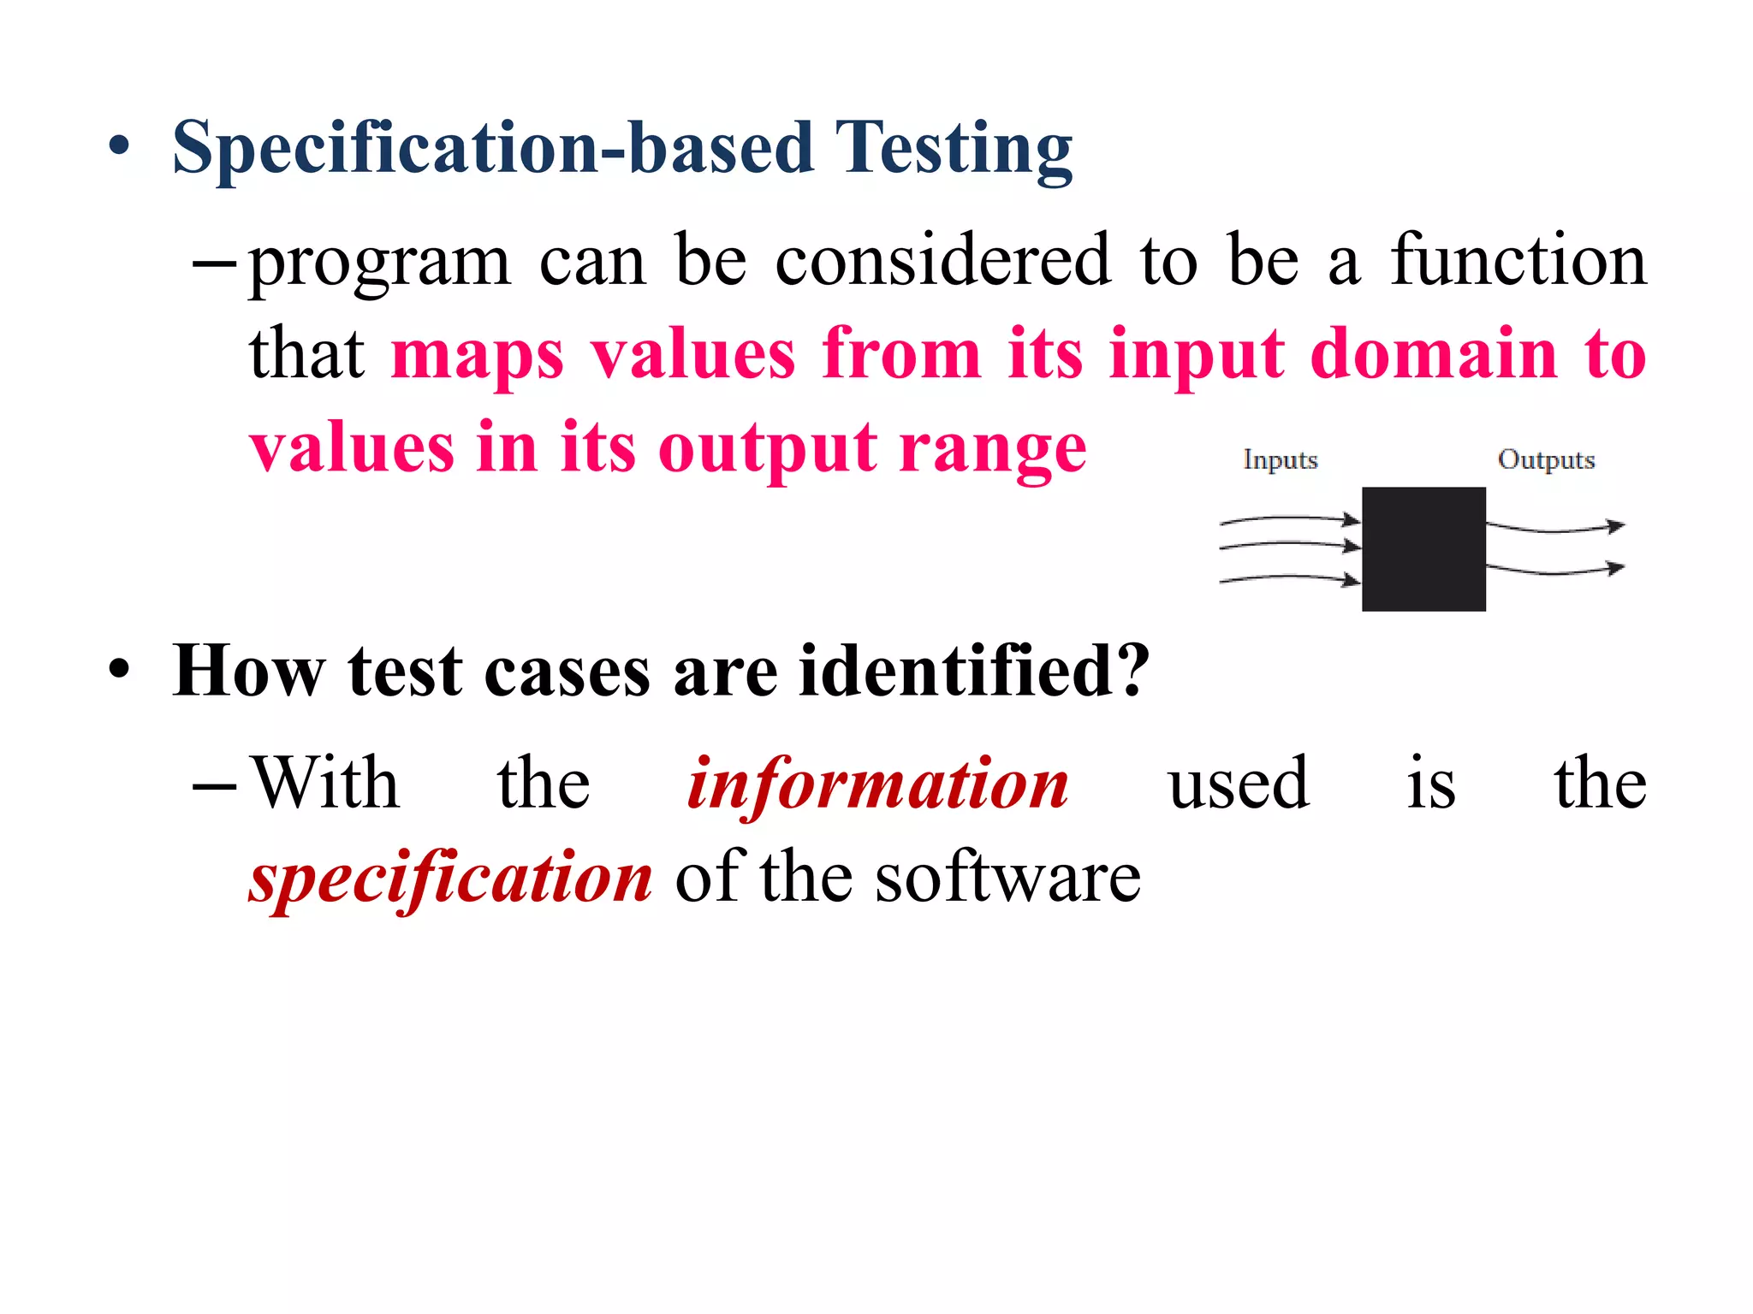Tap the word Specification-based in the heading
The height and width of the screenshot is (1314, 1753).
coord(493,149)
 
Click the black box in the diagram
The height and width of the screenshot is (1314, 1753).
coord(1423,548)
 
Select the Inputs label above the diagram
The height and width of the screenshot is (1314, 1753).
coord(1280,459)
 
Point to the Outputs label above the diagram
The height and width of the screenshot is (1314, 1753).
coord(1546,459)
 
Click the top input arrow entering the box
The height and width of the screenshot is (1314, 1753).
coord(1288,518)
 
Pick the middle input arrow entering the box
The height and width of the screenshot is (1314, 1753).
coord(1288,544)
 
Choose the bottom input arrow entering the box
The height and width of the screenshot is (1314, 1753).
coord(1288,579)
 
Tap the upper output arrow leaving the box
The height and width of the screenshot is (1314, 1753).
coord(1554,528)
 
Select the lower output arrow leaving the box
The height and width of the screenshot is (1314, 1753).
coord(1554,569)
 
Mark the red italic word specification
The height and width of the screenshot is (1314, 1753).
coord(451,879)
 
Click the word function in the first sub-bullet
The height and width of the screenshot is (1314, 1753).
coord(1518,260)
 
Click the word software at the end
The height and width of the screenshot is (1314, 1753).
coord(1007,878)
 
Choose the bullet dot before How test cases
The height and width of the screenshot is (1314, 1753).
coord(119,669)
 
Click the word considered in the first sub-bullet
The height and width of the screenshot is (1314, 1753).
coord(942,260)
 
